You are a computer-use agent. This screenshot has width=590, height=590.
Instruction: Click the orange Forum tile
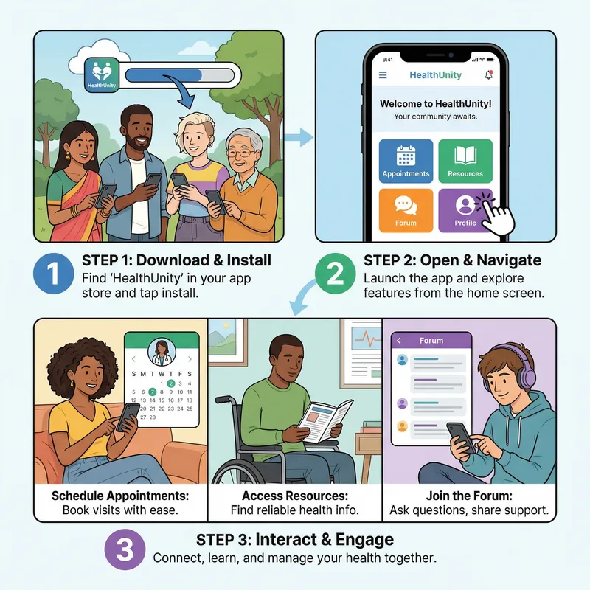(406, 211)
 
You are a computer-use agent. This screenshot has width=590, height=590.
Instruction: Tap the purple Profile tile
(465, 211)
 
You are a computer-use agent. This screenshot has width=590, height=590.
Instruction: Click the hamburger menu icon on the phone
(383, 75)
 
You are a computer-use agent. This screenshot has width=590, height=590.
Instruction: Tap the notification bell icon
(487, 75)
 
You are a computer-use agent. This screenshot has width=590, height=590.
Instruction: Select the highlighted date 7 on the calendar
(152, 392)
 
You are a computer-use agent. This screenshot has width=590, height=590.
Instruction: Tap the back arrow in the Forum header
(399, 341)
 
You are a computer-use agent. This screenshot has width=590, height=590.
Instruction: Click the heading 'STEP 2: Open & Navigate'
(452, 260)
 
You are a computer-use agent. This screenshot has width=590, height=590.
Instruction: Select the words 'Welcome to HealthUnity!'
(435, 104)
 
